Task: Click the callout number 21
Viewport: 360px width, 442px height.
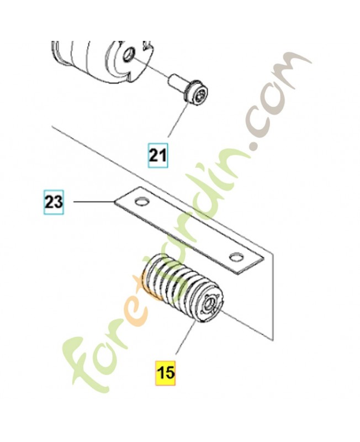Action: pos(157,155)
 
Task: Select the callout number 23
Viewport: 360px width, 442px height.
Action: pos(54,202)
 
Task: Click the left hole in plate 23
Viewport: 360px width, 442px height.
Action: pos(141,199)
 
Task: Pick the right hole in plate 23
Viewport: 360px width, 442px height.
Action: pos(236,256)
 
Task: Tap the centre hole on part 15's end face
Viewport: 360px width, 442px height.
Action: pos(211,303)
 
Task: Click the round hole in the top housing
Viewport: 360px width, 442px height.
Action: pos(129,54)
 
